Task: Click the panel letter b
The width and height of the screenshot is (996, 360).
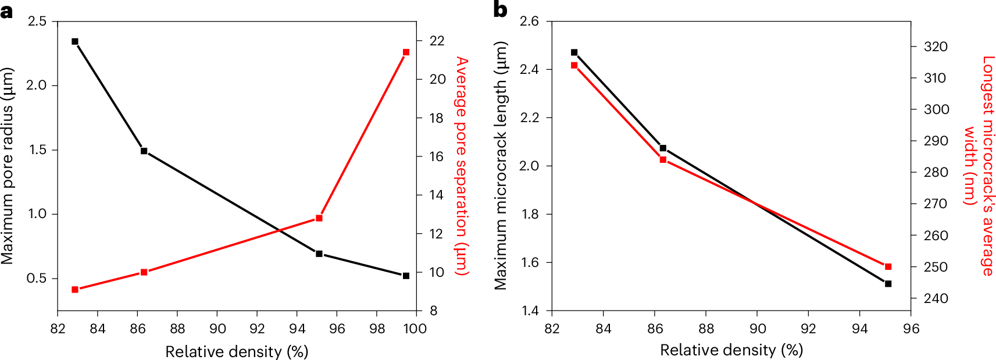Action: pyautogui.click(x=500, y=9)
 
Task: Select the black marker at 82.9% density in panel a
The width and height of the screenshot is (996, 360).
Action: pyautogui.click(x=75, y=42)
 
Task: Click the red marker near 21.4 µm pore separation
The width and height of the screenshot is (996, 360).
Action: pyautogui.click(x=406, y=52)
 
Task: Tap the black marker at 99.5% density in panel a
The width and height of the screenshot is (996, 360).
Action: pyautogui.click(x=406, y=276)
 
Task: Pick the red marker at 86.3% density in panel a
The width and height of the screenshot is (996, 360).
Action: pyautogui.click(x=144, y=272)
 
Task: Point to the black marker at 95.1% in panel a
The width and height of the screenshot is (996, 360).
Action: pyautogui.click(x=319, y=254)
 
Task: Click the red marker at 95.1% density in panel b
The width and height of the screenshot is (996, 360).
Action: pyautogui.click(x=888, y=267)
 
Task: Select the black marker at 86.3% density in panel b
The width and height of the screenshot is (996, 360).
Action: pyautogui.click(x=663, y=148)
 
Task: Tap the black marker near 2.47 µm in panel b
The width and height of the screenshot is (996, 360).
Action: pyautogui.click(x=574, y=52)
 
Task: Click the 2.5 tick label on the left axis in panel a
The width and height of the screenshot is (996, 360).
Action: pyautogui.click(x=37, y=22)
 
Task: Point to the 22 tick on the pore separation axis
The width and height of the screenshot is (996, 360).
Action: pyautogui.click(x=437, y=41)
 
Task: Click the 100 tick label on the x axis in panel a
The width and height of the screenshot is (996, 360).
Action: pyautogui.click(x=415, y=329)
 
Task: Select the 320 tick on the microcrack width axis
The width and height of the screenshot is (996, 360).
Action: pyautogui.click(x=936, y=47)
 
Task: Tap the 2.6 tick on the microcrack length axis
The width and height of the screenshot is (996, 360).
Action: pyautogui.click(x=529, y=22)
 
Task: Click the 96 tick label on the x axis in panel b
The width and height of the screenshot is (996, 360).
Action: pyautogui.click(x=911, y=329)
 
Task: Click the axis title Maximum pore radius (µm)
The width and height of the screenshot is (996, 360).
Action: pyautogui.click(x=7, y=166)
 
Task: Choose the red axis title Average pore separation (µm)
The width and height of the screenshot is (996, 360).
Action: pyautogui.click(x=461, y=166)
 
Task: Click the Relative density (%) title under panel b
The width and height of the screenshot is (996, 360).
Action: pyautogui.click(x=731, y=350)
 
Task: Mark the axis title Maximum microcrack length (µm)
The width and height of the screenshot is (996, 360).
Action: pyautogui.click(x=501, y=166)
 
